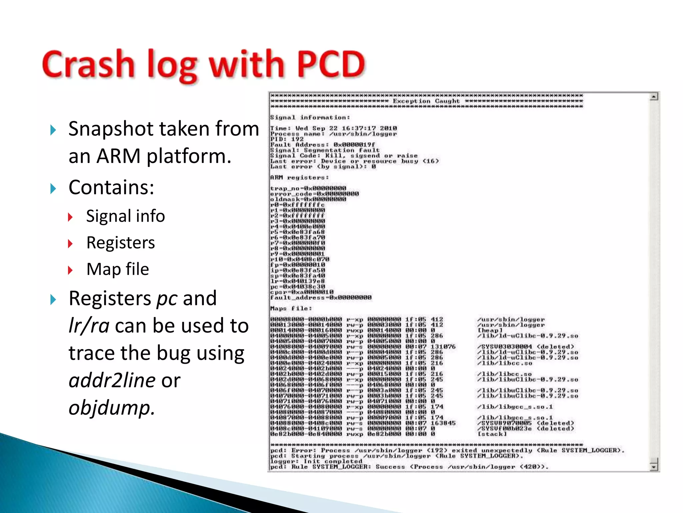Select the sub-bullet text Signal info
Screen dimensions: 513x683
(125, 216)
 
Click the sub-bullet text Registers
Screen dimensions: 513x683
(120, 242)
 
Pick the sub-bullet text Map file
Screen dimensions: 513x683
(117, 269)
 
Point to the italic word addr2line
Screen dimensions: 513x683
(112, 380)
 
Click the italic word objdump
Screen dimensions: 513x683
(111, 408)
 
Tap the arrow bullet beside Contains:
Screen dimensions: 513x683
(53, 189)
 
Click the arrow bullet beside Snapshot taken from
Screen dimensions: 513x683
(53, 130)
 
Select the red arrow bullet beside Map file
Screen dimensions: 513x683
(70, 270)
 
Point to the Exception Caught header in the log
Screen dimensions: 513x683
(426, 101)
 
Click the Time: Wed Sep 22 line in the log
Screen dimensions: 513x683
(333, 128)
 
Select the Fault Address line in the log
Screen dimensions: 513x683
(322, 145)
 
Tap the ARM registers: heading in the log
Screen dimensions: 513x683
(299, 177)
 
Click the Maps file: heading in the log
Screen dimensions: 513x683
(291, 308)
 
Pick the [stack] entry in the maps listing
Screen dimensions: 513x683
(492, 434)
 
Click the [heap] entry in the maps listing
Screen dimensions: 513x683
(490, 330)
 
